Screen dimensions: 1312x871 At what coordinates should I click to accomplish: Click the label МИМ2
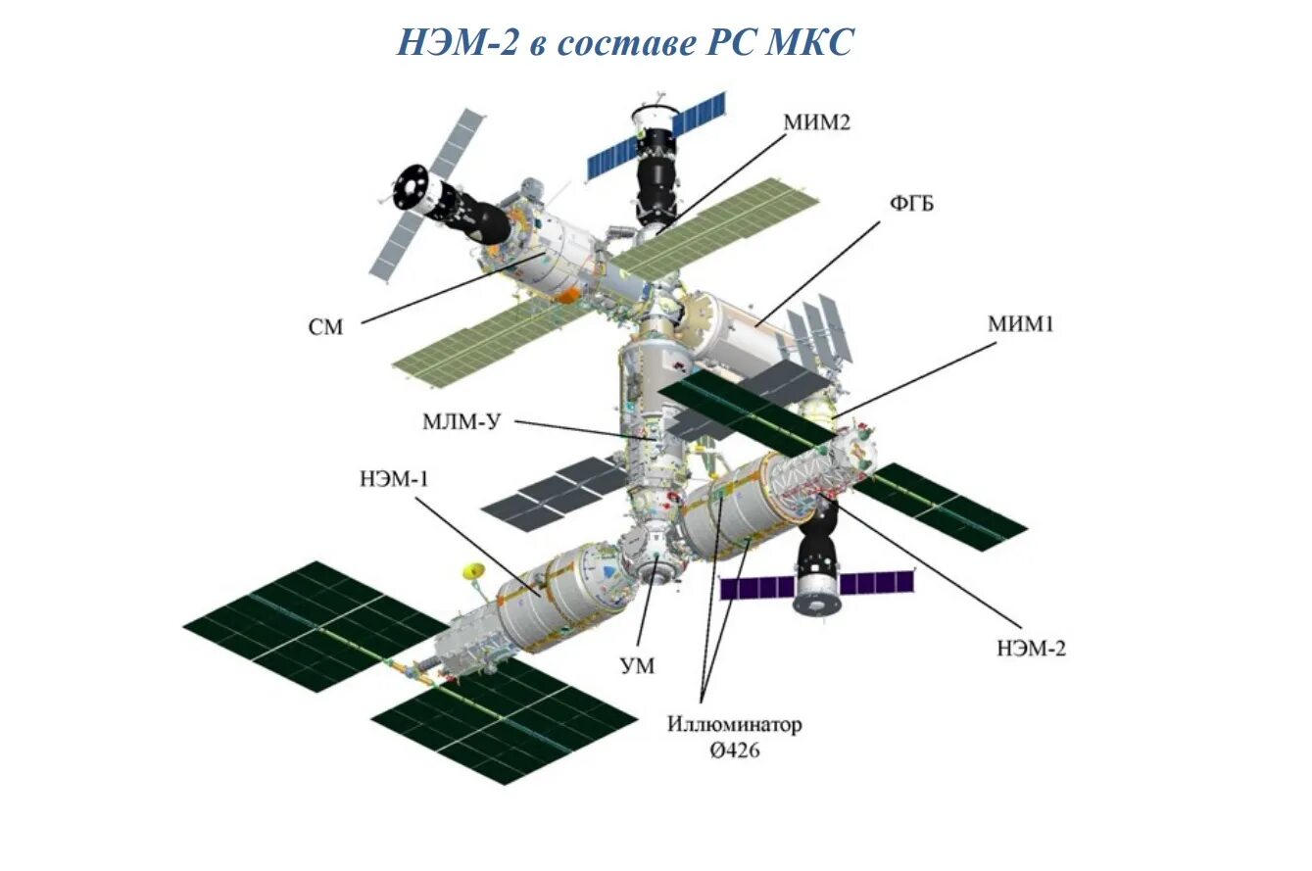[816, 122]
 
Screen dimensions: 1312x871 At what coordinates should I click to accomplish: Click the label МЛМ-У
[462, 422]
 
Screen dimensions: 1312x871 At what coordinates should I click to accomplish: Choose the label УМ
[637, 666]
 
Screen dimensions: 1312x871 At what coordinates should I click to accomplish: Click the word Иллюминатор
[735, 725]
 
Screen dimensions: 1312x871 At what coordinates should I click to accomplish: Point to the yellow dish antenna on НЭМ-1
[473, 570]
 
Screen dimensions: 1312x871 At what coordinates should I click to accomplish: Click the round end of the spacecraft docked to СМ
[410, 188]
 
